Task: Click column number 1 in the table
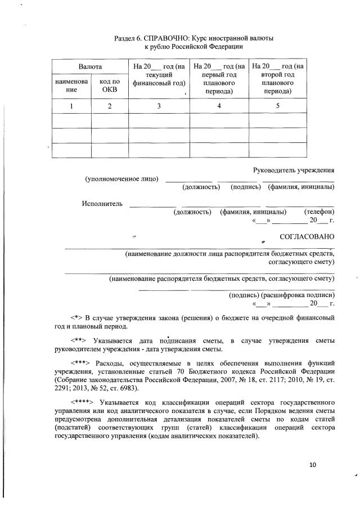(71, 106)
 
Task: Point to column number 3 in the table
(159, 106)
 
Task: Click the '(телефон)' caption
(319, 212)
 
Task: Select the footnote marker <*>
(76, 318)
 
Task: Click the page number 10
(313, 465)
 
